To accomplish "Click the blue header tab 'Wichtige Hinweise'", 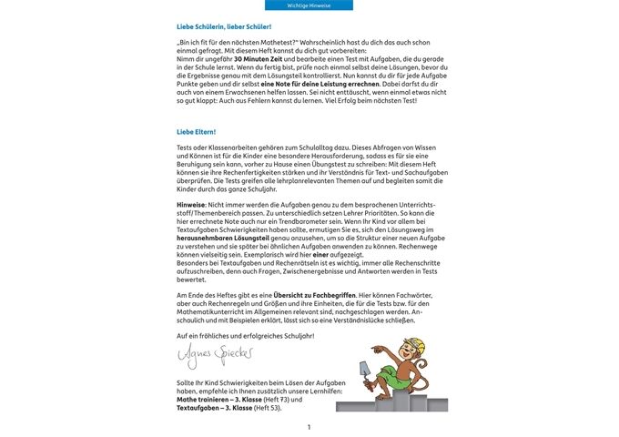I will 309,5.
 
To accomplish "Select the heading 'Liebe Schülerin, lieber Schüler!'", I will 224,27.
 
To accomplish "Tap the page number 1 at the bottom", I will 309,427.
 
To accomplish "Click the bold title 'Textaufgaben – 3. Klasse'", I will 215,408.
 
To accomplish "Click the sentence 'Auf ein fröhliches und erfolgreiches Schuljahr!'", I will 245,336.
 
